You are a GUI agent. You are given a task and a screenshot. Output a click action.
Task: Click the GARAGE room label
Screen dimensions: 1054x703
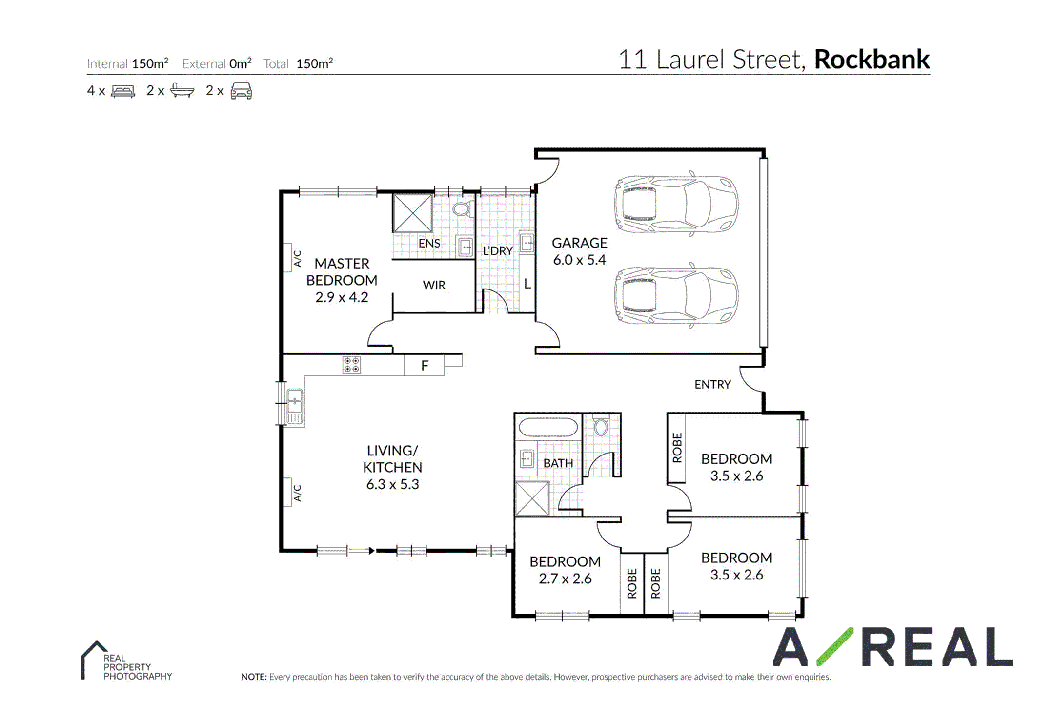pyautogui.click(x=579, y=243)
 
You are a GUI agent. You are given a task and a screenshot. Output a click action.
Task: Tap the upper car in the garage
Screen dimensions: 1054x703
pyautogui.click(x=676, y=204)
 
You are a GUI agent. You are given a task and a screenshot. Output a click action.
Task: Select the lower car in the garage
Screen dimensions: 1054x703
pyautogui.click(x=676, y=295)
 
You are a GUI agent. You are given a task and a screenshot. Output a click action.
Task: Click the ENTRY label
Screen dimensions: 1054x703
pyautogui.click(x=712, y=385)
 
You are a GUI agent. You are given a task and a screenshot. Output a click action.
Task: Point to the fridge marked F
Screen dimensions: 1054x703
pyautogui.click(x=424, y=365)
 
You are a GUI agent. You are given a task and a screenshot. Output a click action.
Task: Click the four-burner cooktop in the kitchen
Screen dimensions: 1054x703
pyautogui.click(x=351, y=365)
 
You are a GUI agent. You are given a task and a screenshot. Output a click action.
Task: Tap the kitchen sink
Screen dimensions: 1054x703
pyautogui.click(x=294, y=406)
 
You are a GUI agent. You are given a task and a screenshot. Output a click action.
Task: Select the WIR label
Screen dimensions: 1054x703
pyautogui.click(x=434, y=285)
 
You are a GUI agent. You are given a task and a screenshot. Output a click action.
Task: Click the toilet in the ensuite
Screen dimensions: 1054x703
pyautogui.click(x=462, y=209)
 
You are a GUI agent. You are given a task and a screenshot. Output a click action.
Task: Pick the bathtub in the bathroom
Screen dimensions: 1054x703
pyautogui.click(x=548, y=427)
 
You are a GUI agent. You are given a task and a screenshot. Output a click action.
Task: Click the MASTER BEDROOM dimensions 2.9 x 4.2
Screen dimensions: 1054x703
pyautogui.click(x=342, y=297)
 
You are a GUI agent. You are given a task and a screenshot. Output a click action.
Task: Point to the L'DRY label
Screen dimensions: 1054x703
pyautogui.click(x=498, y=251)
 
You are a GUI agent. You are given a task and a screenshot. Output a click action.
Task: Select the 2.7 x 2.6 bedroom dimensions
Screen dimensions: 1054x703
pyautogui.click(x=565, y=579)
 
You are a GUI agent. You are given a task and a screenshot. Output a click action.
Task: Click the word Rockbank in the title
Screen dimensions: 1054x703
pyautogui.click(x=872, y=60)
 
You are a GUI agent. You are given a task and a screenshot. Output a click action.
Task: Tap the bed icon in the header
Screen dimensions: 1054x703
pyautogui.click(x=123, y=91)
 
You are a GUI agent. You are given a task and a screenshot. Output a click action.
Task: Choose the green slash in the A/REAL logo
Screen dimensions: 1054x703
pyautogui.click(x=835, y=646)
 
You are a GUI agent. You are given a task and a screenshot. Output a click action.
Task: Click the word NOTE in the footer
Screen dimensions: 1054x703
pyautogui.click(x=254, y=677)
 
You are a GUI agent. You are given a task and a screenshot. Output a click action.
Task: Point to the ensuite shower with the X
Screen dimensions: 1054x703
pyautogui.click(x=413, y=213)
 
